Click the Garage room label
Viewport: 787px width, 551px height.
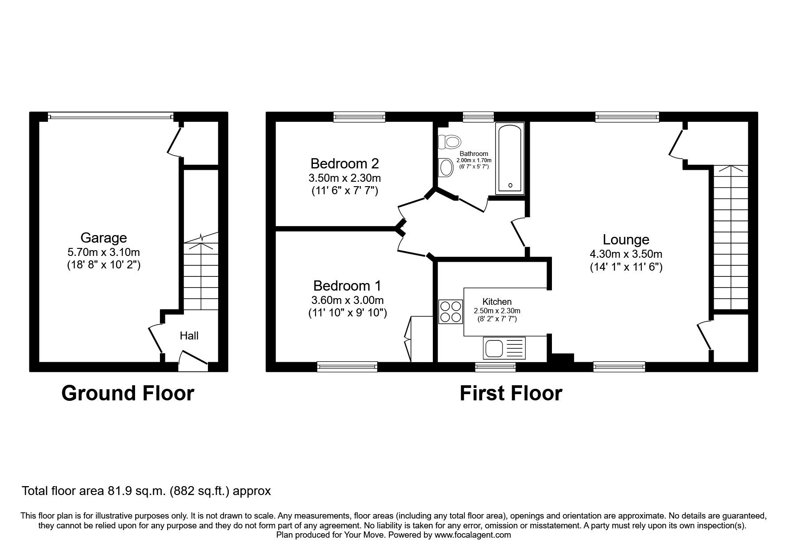coord(104,238)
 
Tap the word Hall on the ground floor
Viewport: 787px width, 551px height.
coord(189,335)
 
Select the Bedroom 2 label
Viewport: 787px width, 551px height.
coord(344,164)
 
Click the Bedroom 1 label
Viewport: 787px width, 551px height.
coord(347,285)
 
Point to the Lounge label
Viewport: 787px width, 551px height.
coord(626,240)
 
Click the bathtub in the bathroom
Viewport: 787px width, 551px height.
coord(510,159)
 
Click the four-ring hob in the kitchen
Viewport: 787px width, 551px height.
coord(451,311)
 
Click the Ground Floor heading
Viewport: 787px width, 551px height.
coord(128,393)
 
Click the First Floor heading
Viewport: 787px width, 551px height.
coord(511,393)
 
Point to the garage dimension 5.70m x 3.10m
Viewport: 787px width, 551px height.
coord(104,252)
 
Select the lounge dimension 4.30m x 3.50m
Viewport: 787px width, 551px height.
coord(626,254)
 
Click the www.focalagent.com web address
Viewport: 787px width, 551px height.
coord(473,535)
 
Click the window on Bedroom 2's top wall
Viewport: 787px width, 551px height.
coord(360,117)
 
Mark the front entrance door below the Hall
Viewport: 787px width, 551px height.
coord(193,361)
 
